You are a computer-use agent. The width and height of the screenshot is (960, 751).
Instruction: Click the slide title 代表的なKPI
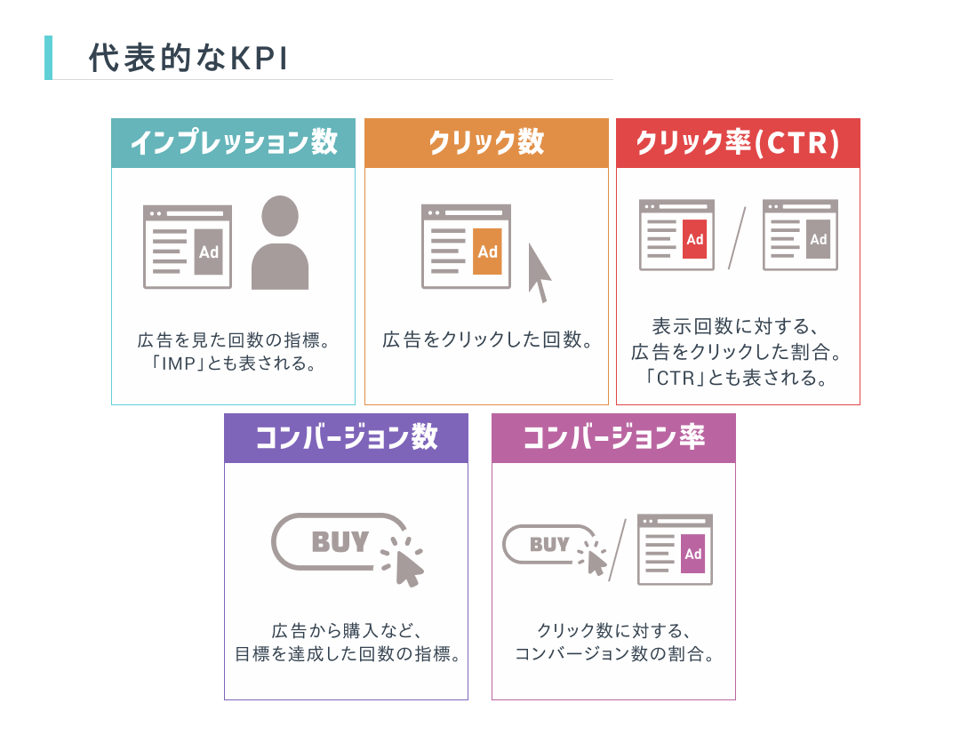coord(188,58)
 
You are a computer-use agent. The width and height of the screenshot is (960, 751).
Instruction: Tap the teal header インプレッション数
coord(233,143)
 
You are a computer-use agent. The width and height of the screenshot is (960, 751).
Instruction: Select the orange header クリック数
coord(486,143)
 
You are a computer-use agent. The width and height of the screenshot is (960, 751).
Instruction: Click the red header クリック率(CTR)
coord(738,143)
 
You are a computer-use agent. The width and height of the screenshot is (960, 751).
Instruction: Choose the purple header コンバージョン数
coord(346,438)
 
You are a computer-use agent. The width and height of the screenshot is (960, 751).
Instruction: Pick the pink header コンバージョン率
coord(613,438)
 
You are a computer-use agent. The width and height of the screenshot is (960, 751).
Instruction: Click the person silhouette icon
coord(280,243)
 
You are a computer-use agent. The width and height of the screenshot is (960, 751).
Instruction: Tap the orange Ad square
coord(487,252)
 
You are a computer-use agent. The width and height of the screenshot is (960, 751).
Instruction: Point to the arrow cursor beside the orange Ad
coord(539,273)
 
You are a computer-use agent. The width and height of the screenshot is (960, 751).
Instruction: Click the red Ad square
coord(694,239)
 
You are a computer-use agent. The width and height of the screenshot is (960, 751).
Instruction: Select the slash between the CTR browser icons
coord(736,237)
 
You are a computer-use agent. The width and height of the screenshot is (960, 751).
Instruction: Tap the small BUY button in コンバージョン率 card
coord(549,544)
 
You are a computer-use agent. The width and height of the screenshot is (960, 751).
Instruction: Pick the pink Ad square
coord(693,554)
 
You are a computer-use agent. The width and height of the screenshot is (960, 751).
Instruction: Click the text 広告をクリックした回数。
coord(487,340)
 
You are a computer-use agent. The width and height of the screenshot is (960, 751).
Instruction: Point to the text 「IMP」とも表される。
coord(233,364)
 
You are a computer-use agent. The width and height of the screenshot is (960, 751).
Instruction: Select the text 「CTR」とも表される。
coord(738,378)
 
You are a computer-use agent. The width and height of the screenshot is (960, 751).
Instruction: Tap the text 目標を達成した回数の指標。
coord(346,656)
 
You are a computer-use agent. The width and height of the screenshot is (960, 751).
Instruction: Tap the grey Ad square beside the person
coord(208,252)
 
